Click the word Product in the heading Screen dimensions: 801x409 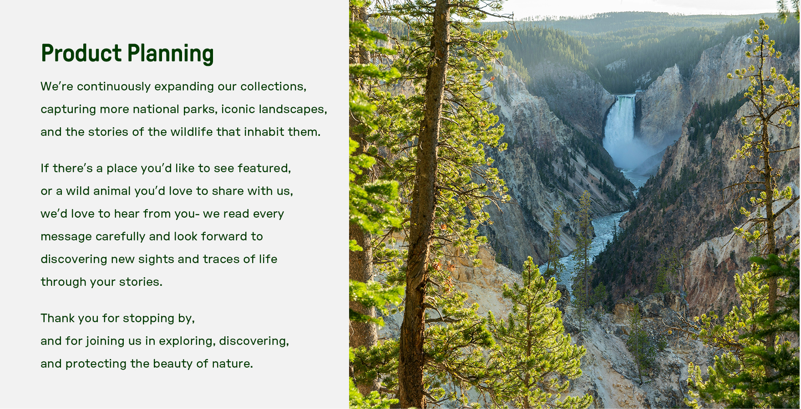(x=81, y=53)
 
